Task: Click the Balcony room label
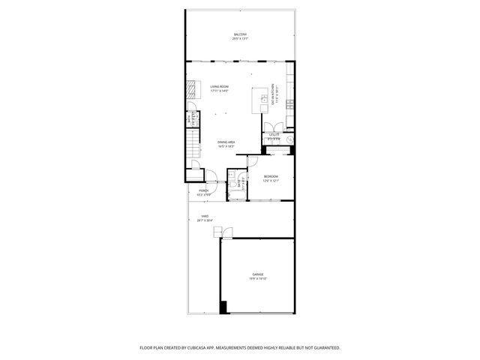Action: tap(240, 35)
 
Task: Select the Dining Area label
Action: tap(226, 142)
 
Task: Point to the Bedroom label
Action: tap(271, 177)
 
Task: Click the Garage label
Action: tap(258, 275)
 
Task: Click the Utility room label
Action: tap(274, 134)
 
